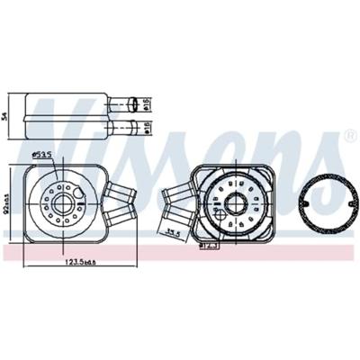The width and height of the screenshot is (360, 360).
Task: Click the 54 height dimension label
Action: [x=6, y=116]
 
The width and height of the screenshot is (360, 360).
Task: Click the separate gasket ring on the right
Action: [x=320, y=203]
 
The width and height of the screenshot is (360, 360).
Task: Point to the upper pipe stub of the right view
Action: [x=176, y=192]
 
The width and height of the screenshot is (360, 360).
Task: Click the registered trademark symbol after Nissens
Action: [x=350, y=137]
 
